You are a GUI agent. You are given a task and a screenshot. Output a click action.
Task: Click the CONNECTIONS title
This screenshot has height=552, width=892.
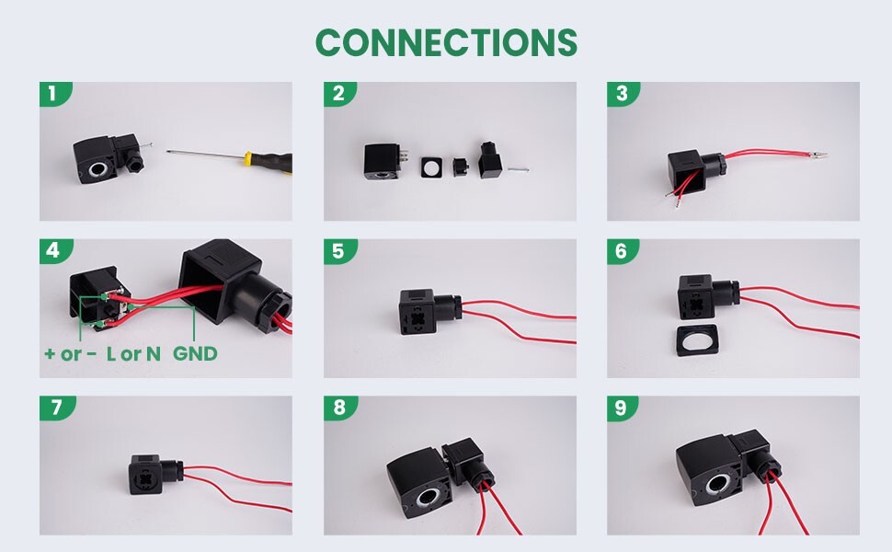[x=447, y=42]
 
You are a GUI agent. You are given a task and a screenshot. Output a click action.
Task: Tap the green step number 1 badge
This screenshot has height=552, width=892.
[x=54, y=93]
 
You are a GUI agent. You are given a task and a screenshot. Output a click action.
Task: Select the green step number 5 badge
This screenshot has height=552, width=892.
[x=339, y=251]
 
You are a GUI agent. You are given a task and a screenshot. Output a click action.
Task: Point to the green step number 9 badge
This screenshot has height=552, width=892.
[x=622, y=408]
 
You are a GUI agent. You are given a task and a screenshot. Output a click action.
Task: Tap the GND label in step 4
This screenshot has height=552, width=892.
[x=195, y=354]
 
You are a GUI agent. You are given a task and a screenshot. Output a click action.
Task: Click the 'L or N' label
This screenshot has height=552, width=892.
[x=133, y=354]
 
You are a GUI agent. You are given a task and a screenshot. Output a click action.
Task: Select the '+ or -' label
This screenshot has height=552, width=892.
[x=71, y=354]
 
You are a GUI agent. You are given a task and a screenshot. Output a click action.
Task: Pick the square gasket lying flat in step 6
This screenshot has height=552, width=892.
[x=697, y=339]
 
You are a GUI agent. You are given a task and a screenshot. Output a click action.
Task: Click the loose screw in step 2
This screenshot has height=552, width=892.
[x=518, y=169]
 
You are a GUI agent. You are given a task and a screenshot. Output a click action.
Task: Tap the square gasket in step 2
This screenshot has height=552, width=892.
[x=433, y=167]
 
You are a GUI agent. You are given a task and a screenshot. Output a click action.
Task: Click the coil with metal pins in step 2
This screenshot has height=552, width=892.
[x=385, y=162]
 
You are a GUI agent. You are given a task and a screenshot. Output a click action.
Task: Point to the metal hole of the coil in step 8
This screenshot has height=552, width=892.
[x=429, y=499]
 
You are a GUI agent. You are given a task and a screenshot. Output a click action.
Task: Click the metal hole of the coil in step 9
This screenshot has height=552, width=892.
[x=718, y=485]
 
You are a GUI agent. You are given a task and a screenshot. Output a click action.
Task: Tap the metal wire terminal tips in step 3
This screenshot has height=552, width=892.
[x=817, y=155]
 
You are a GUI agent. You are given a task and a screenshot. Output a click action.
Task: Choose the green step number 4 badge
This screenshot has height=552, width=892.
[x=54, y=251]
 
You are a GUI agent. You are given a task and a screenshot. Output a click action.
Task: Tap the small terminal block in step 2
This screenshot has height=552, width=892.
[x=460, y=167]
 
